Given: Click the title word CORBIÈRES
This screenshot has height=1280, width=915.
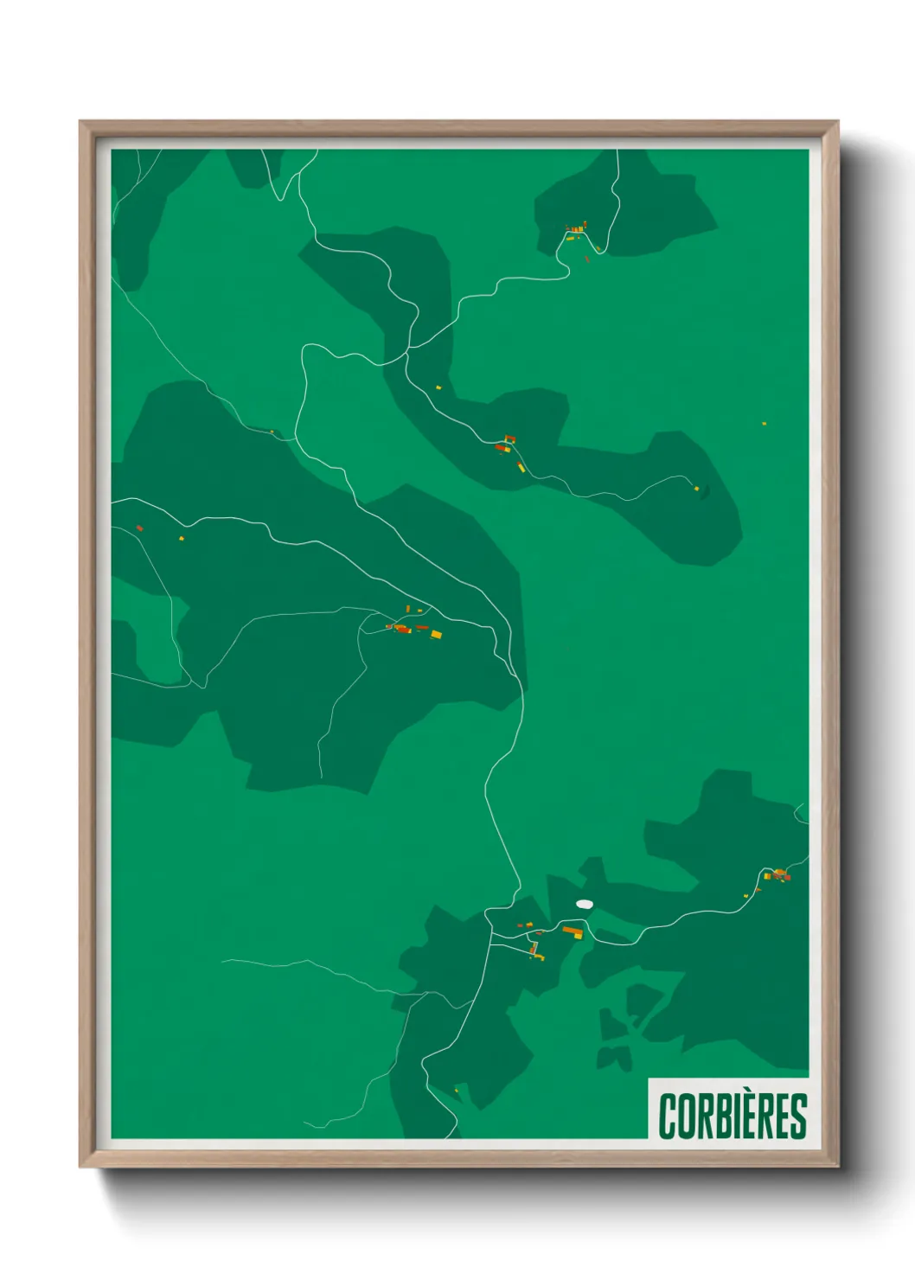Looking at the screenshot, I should (732, 1116).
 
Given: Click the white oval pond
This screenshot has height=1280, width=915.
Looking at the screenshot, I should (585, 904).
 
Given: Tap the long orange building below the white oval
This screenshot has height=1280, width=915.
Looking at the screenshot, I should (573, 931).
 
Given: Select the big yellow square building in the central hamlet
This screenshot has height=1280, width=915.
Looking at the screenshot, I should (436, 634).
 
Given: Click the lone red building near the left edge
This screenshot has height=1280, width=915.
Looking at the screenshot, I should (139, 528).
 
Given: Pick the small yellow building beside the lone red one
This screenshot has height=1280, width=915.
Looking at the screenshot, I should (182, 538).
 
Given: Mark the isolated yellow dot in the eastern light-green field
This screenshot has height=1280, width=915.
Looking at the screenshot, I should (764, 424).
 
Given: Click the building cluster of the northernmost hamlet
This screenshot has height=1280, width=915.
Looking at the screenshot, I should (575, 229).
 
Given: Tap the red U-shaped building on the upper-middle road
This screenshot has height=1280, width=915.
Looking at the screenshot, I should (509, 439).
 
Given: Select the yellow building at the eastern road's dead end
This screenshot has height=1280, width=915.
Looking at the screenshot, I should (696, 489).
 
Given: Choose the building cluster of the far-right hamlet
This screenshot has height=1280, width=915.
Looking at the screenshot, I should (780, 875).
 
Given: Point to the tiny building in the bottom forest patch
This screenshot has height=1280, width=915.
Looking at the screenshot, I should (457, 1090).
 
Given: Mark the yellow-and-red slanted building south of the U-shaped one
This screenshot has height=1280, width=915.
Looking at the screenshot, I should (521, 467).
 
